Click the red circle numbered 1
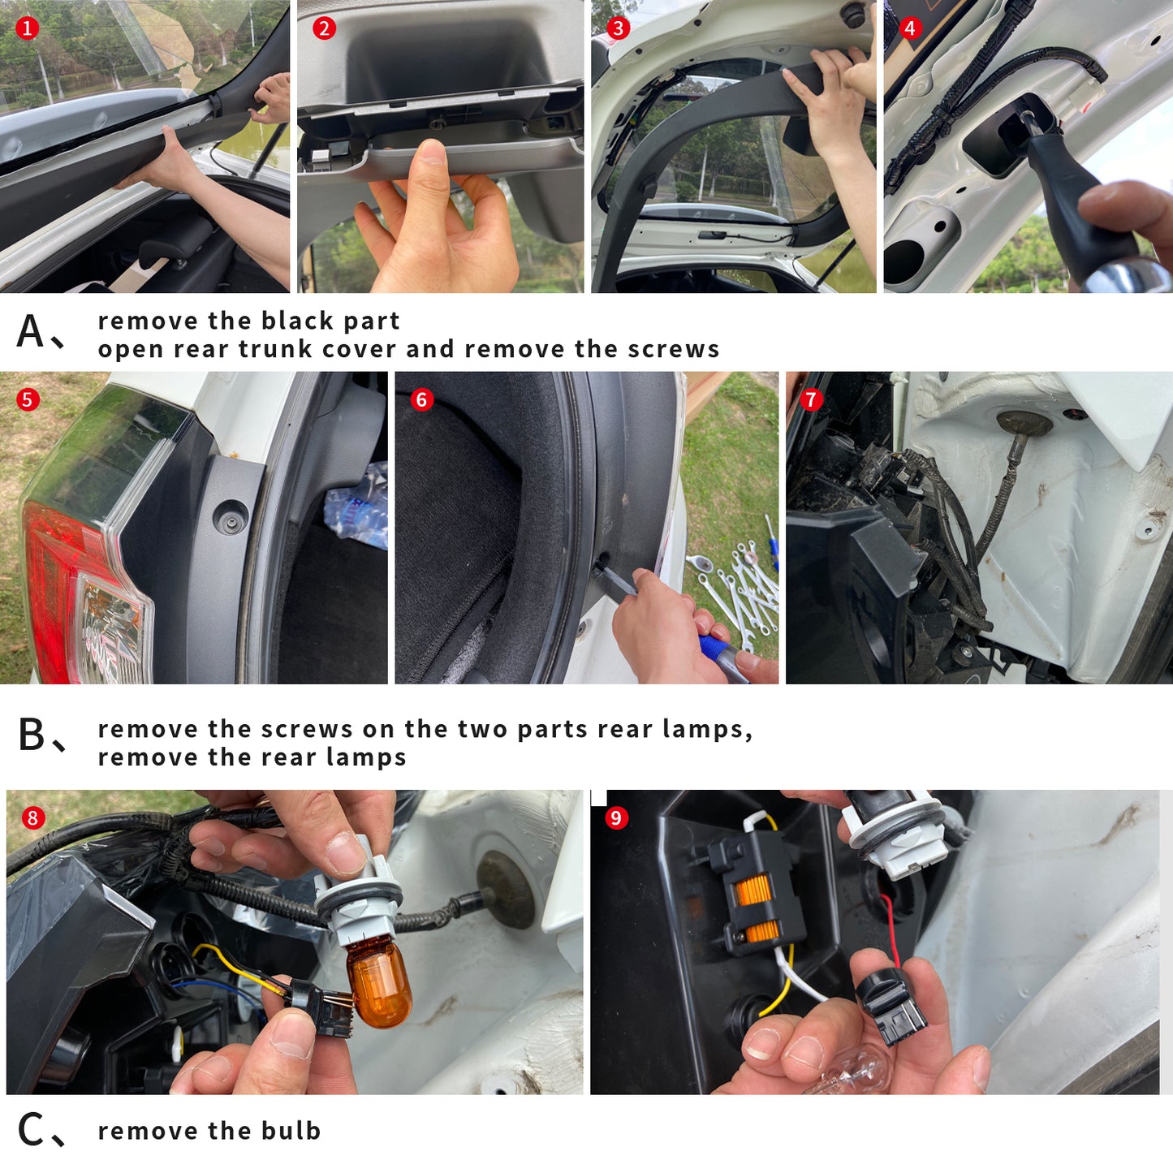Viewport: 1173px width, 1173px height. (x=27, y=28)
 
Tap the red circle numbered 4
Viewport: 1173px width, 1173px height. (x=909, y=28)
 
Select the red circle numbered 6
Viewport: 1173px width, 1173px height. (x=422, y=400)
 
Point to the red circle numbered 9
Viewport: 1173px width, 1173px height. (x=616, y=817)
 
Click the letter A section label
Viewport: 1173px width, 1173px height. (x=31, y=331)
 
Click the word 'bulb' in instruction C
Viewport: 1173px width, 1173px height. (x=291, y=1131)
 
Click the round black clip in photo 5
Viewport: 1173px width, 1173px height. (x=231, y=517)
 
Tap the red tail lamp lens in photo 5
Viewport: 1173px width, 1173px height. (x=58, y=584)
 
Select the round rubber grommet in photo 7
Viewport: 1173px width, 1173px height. (x=1024, y=423)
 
